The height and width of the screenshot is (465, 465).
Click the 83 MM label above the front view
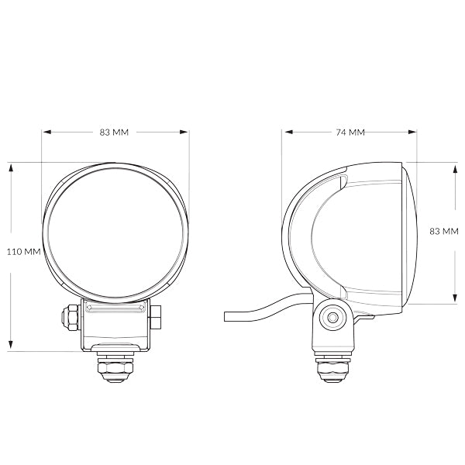pyautogui.click(x=115, y=133)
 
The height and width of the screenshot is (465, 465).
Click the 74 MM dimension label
pyautogui.click(x=350, y=133)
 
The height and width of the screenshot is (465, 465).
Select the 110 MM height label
pyautogui.click(x=23, y=252)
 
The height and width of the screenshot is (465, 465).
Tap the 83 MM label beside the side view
pyautogui.click(x=444, y=232)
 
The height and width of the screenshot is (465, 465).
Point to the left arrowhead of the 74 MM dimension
pyautogui.click(x=284, y=133)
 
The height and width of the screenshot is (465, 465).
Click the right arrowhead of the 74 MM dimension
pyautogui.click(x=415, y=133)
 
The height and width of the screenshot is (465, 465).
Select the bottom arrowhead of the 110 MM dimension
pyautogui.click(x=11, y=346)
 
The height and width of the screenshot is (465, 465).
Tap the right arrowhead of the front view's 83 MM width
pyautogui.click(x=185, y=133)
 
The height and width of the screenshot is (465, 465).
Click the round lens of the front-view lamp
pyautogui.click(x=115, y=232)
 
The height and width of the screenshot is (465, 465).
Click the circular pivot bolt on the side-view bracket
pyautogui.click(x=334, y=318)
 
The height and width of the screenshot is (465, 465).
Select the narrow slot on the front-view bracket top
pyautogui.click(x=115, y=308)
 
